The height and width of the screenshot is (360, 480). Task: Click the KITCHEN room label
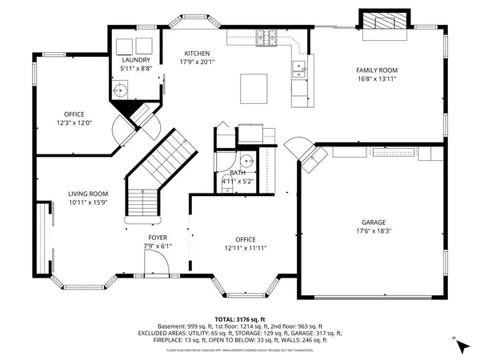[x=197, y=53]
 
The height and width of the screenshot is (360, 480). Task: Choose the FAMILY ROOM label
[x=376, y=70]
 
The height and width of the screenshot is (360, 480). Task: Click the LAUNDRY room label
[x=135, y=60]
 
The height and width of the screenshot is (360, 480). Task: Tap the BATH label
[x=238, y=173]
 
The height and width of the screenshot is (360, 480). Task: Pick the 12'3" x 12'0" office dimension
[x=74, y=122]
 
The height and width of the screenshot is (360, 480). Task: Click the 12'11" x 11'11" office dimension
[x=245, y=249]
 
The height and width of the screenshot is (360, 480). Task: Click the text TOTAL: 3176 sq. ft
[x=240, y=319]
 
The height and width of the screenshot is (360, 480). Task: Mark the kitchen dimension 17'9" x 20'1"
[x=197, y=62]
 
